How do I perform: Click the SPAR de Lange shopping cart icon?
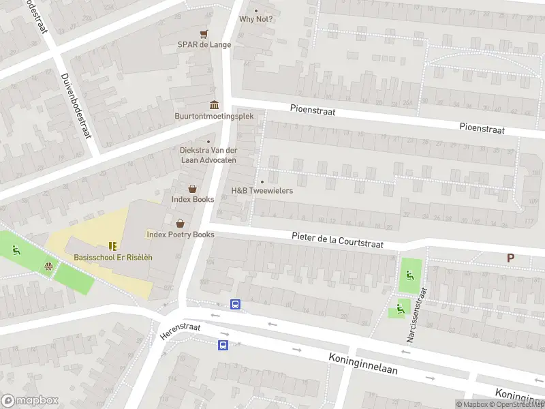203,33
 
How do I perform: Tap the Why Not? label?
256,18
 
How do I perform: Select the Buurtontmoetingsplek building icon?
215,104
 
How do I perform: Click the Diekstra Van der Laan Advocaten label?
208,155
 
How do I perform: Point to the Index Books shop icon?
193,188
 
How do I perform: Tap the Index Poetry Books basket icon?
181,223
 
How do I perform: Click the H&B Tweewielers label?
262,190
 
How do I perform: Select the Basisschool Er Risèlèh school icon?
112,245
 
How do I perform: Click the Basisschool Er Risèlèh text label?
113,257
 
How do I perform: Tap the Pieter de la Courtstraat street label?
337,240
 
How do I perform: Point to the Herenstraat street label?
181,331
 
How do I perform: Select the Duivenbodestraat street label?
76,106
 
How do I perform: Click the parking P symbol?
510,258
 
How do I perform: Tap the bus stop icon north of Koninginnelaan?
236,305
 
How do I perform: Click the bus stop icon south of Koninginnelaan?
223,345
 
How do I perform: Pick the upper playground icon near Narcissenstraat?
409,275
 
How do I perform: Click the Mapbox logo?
30,401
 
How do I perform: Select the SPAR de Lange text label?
204,45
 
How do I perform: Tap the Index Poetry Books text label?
181,234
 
